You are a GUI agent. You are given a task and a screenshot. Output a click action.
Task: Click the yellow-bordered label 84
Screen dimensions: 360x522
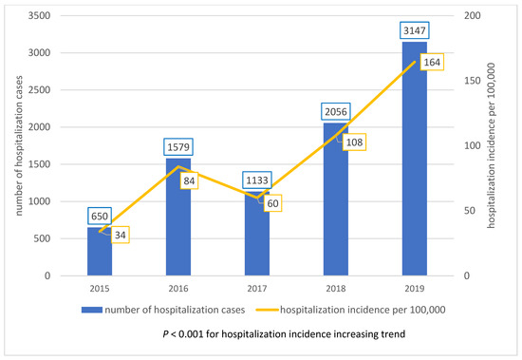pyautogui.click(x=188, y=180)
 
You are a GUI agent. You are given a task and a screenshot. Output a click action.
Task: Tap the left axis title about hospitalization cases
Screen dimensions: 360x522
pyautogui.click(x=14, y=147)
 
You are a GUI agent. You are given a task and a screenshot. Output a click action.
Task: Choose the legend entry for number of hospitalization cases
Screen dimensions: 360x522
pyautogui.click(x=166, y=309)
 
